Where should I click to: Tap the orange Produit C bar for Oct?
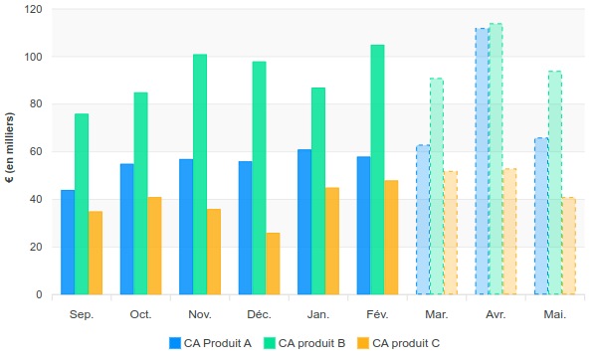coord(154,246)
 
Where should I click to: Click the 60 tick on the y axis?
coord(36,152)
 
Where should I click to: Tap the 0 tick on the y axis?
coord(39,295)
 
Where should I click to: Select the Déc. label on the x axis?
coord(259,314)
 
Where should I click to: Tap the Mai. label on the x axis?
coord(554,314)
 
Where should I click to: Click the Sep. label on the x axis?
coord(82,314)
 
